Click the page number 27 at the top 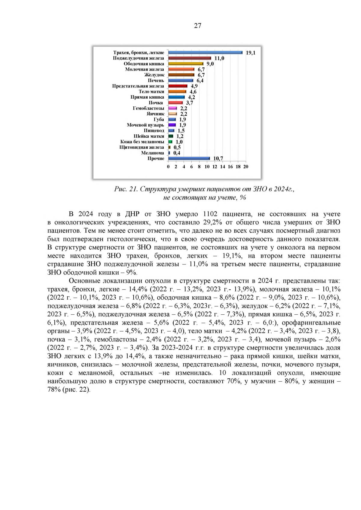[198, 26]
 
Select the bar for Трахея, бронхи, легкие [205, 53]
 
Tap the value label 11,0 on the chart [219, 58]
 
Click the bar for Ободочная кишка [186, 64]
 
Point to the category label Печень [156, 81]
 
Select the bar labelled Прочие [189, 158]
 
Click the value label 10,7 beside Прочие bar [218, 158]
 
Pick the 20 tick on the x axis [246, 167]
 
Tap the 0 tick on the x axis [168, 167]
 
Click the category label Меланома [153, 153]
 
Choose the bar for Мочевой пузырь [172, 125]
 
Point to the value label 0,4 [177, 153]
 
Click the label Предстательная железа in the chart [138, 86]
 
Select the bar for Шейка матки [171, 136]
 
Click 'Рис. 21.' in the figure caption [126, 189]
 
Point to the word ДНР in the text [132, 214]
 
